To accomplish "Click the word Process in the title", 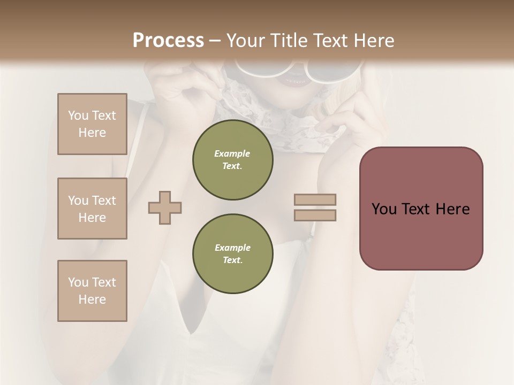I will click(168, 41).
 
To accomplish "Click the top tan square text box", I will click(92, 124).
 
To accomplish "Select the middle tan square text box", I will click(92, 209).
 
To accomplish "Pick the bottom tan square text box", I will click(92, 291).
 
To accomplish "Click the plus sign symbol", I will click(165, 207).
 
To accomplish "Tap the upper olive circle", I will click(232, 159).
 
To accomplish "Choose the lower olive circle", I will click(232, 253).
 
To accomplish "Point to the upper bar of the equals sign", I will click(315, 199).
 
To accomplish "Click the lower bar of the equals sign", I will click(315, 215).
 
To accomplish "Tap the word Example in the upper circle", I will click(232, 153).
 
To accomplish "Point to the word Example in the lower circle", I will click(232, 248).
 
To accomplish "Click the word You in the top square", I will click(78, 115).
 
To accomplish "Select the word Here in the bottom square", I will click(92, 299).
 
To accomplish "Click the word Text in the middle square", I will click(103, 201).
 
